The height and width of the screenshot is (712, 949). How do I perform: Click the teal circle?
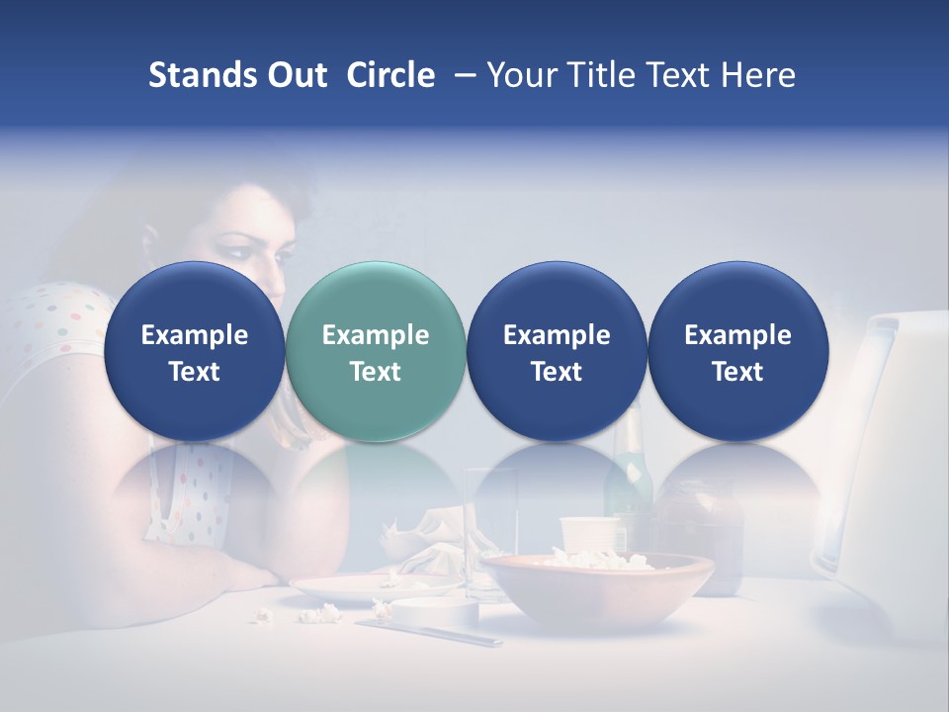pos(376,351)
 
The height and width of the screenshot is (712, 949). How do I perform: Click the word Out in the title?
pos(296,75)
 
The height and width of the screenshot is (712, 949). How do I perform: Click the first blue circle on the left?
pos(195,351)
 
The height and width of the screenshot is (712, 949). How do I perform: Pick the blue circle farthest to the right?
pos(737,351)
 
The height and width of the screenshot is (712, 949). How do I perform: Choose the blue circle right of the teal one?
pos(557,351)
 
